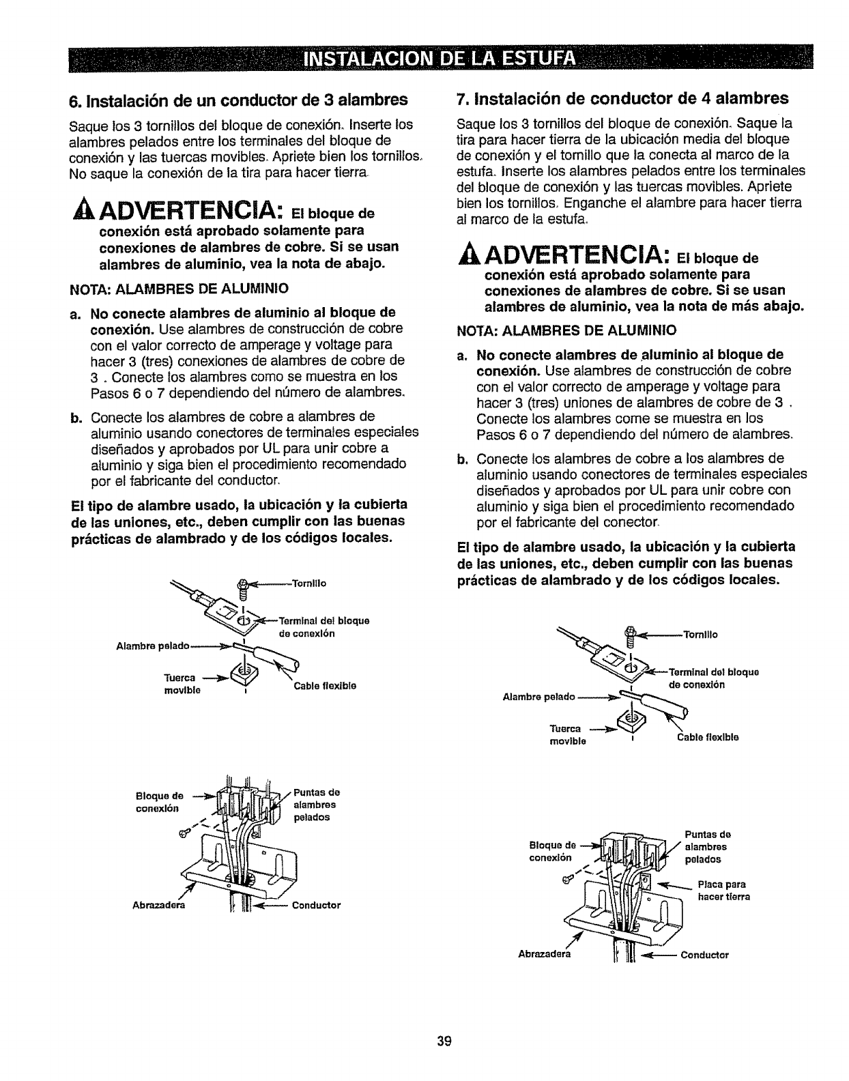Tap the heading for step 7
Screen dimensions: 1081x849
coord(621,98)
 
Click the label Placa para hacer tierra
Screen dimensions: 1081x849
coord(723,890)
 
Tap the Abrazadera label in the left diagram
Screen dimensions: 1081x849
coord(162,906)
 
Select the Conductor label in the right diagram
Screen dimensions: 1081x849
coord(705,955)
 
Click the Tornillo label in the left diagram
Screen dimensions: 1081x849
coord(309,583)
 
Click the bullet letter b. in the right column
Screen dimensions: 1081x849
coord(461,458)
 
